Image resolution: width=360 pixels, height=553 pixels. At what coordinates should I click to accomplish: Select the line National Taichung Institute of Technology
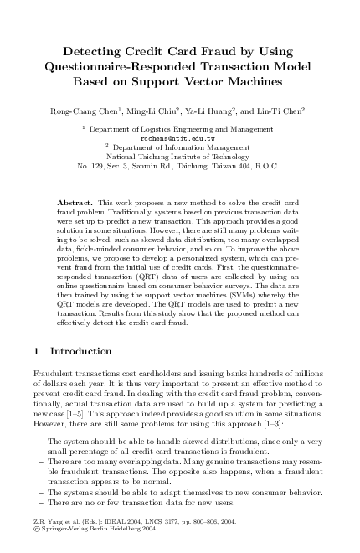tap(179, 157)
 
